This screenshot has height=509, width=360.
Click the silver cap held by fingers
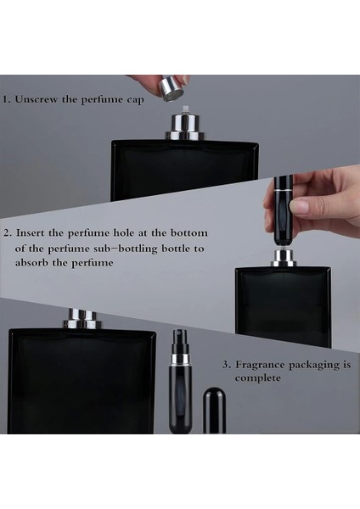[172, 88]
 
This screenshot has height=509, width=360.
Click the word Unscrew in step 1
[37, 98]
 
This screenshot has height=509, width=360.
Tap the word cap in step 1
[135, 100]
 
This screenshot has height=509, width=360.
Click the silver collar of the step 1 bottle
[185, 127]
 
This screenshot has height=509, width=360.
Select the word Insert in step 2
[31, 232]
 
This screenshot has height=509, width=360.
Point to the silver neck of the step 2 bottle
[284, 259]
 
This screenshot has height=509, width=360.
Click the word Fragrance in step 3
[260, 365]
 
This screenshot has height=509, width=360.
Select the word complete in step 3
[258, 378]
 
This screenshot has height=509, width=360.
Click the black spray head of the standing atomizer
[180, 342]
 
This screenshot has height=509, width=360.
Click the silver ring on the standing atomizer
[180, 360]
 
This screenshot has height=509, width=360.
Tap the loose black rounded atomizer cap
[214, 411]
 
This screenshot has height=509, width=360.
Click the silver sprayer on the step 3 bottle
[82, 319]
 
